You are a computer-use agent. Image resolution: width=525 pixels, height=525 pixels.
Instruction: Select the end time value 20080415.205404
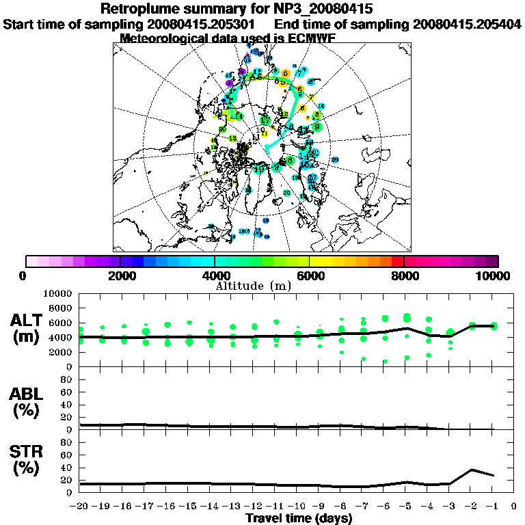coord(467,24)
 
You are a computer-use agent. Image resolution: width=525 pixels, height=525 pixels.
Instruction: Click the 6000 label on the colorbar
coord(310,275)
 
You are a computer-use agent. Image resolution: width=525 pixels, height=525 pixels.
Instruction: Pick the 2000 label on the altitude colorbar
coord(120,275)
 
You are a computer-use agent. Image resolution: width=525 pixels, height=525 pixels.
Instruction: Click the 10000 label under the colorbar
coord(494,275)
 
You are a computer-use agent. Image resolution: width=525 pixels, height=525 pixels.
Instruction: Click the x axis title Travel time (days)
coord(299,518)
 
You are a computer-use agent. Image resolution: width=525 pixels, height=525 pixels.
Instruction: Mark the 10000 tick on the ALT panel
coord(58,293)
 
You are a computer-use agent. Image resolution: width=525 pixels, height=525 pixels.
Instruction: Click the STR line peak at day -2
coord(472,470)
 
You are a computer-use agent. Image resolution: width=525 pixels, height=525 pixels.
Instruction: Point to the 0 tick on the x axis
coord(514,507)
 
